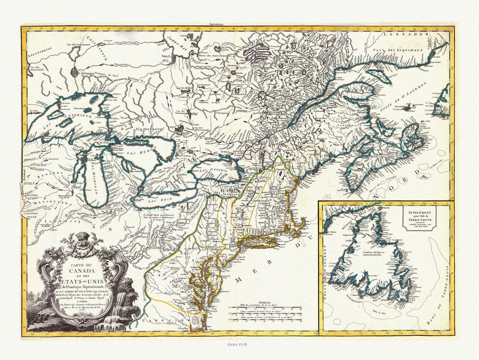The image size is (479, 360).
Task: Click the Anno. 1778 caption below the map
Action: click(239, 343)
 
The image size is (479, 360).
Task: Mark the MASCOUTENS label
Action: click(46, 202)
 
